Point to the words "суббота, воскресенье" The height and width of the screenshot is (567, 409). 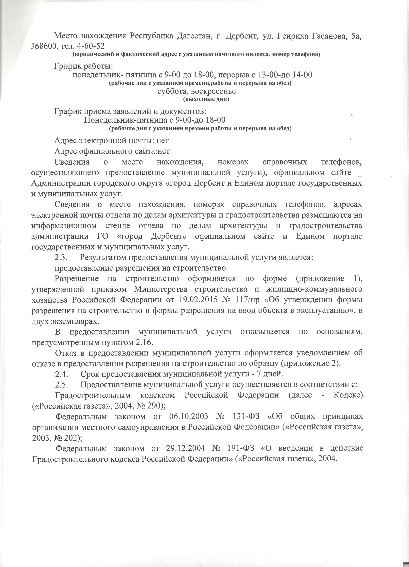pyautogui.click(x=196, y=91)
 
